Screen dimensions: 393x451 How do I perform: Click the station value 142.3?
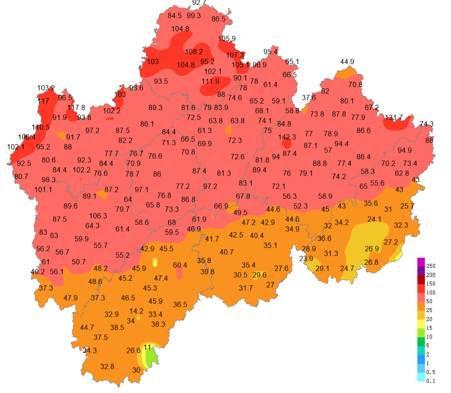287,137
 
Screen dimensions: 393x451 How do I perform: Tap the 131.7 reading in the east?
393,118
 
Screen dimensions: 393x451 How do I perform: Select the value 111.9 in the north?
210,81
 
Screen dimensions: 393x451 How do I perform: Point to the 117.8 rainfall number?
76,107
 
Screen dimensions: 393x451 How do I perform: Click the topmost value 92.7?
199,3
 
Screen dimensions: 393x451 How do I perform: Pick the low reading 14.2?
136,311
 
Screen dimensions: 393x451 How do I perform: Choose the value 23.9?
306,259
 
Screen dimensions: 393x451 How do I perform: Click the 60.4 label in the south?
180,265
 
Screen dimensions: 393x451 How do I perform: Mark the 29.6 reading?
259,275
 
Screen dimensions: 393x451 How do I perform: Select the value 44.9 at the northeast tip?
347,61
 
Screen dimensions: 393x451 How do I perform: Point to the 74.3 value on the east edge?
426,124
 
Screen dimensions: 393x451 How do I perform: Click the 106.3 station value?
98,216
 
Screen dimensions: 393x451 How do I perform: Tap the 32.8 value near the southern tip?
107,366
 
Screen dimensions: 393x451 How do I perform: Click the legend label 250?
431,266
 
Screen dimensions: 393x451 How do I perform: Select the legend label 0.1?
431,381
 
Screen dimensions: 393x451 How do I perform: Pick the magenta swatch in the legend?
420,262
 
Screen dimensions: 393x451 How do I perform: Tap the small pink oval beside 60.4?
179,273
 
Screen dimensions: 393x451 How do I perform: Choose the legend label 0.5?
431,372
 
